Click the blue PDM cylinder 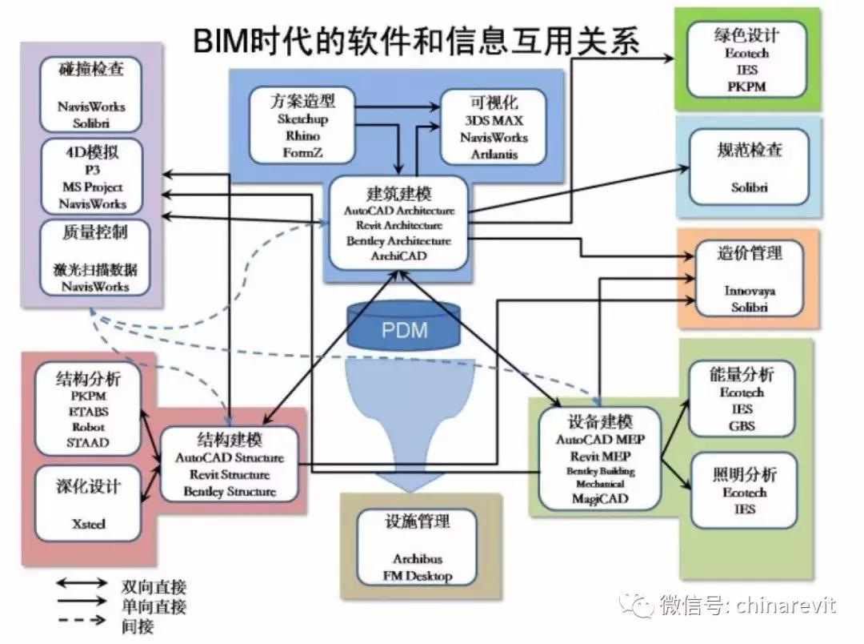point(405,328)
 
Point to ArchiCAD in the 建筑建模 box point(398,256)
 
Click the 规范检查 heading point(748,150)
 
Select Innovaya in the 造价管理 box point(750,291)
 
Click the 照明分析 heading point(744,473)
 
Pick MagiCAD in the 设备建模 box point(600,498)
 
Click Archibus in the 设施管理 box point(417,558)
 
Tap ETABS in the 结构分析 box point(88,412)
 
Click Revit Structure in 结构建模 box point(230,475)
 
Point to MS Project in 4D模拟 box point(93,187)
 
